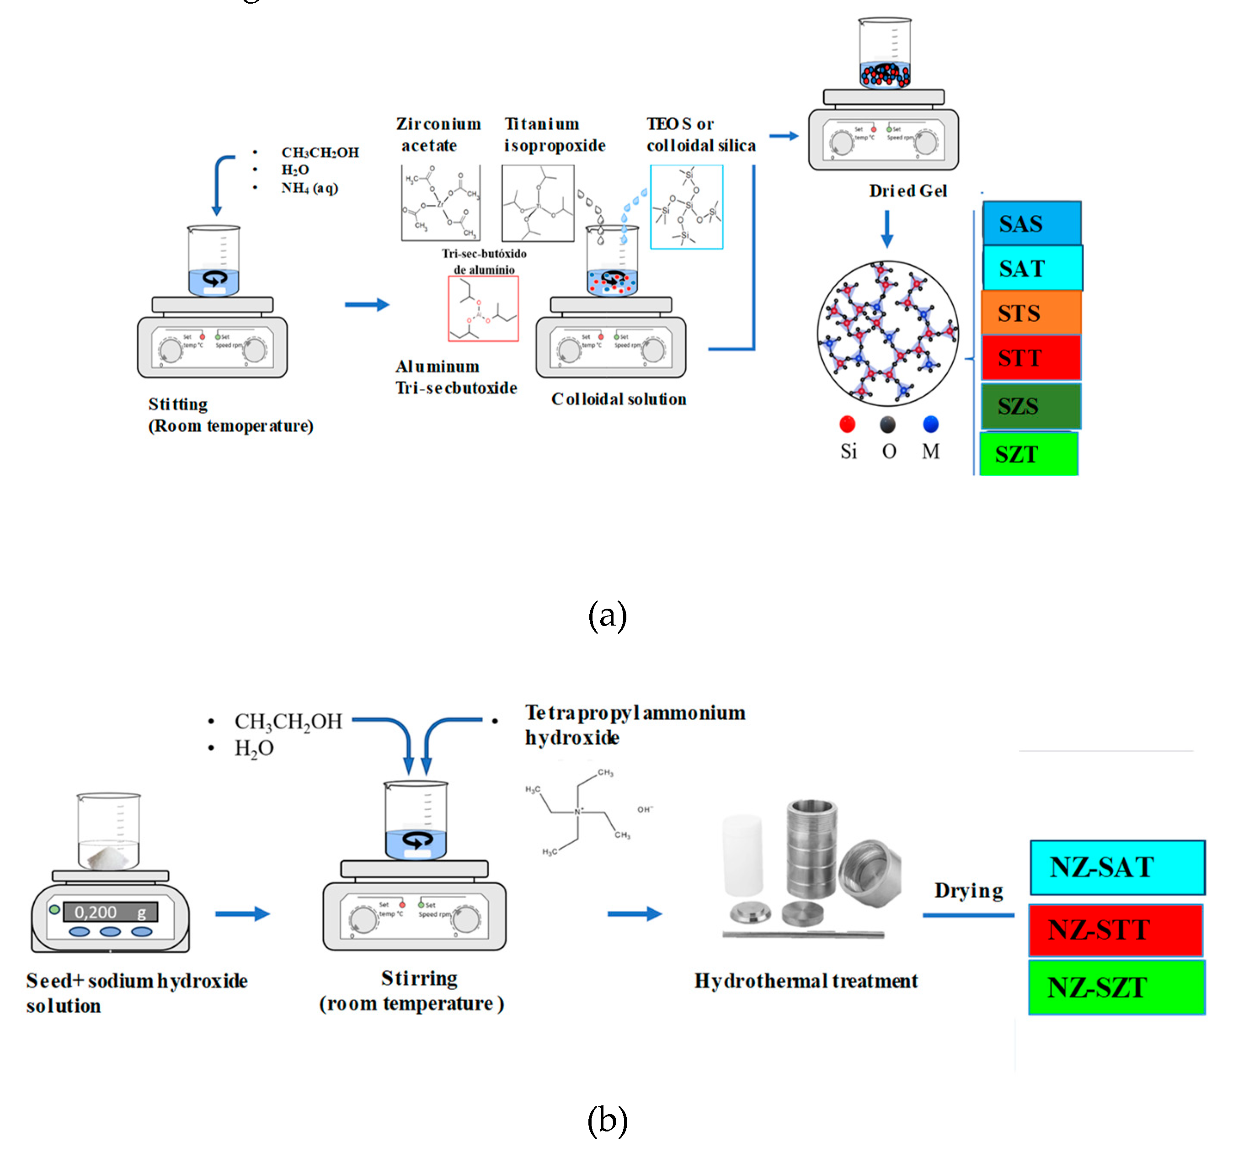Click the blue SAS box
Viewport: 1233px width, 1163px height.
1031,223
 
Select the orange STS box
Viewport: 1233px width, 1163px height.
1031,313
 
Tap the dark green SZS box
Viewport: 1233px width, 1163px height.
1031,406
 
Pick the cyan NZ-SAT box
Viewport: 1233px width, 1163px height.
1117,867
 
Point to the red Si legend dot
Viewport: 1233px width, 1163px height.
847,424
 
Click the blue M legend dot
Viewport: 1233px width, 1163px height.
930,424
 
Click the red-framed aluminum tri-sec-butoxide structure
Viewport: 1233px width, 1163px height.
483,308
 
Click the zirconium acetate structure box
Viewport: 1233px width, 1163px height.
440,203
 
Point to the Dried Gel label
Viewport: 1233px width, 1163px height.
907,191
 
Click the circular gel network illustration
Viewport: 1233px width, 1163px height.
887,334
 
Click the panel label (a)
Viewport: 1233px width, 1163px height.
607,616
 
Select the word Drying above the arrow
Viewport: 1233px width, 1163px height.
968,890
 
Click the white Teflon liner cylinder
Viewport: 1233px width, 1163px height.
742,855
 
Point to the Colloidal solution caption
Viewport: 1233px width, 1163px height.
619,399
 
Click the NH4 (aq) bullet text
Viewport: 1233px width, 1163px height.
309,188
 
